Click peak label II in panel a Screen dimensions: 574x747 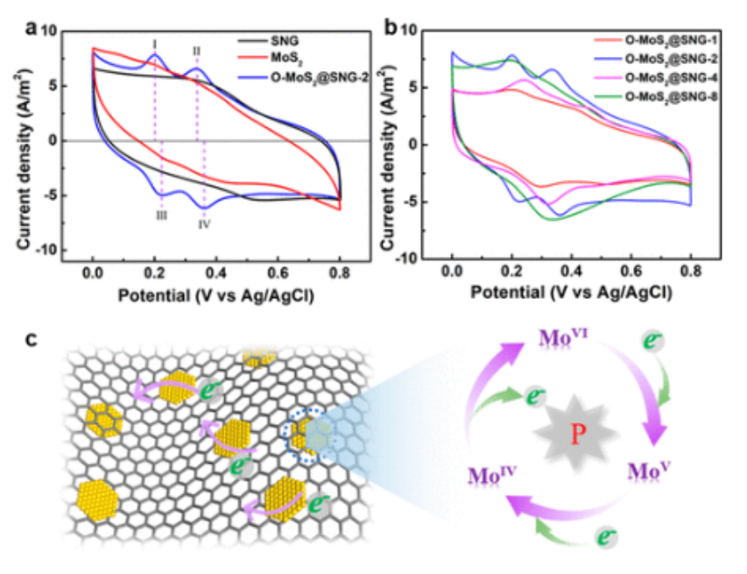click(197, 51)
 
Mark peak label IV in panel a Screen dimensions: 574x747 click(204, 224)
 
